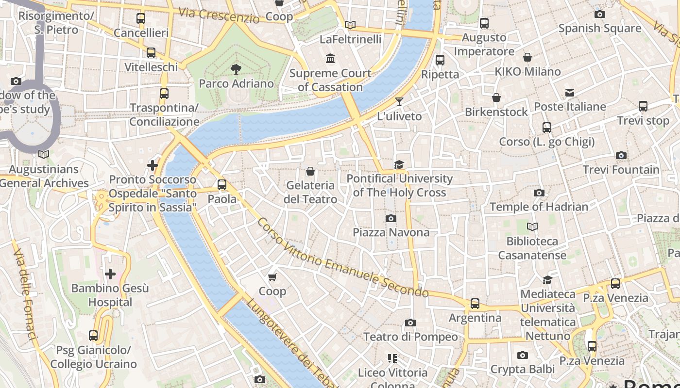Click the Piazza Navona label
pos(391,232)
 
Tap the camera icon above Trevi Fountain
pos(621,156)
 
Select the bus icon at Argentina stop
pos(475,304)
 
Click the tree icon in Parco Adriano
pos(236,69)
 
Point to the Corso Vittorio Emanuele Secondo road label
pos(342,258)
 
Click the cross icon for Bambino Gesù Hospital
pos(110,274)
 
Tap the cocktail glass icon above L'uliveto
pos(399,102)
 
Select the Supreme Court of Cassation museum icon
pos(330,59)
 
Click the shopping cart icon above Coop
pos(272,277)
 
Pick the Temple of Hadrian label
pos(539,207)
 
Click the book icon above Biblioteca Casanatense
pos(532,226)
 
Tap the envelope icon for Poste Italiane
pos(570,92)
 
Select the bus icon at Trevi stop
pos(643,106)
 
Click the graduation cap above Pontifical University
pos(399,164)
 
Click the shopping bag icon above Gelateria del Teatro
pos(310,171)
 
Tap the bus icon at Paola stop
pos(222,184)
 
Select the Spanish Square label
pos(600,28)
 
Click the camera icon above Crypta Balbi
pos(522,355)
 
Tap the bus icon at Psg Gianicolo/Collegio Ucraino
pos(93,335)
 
